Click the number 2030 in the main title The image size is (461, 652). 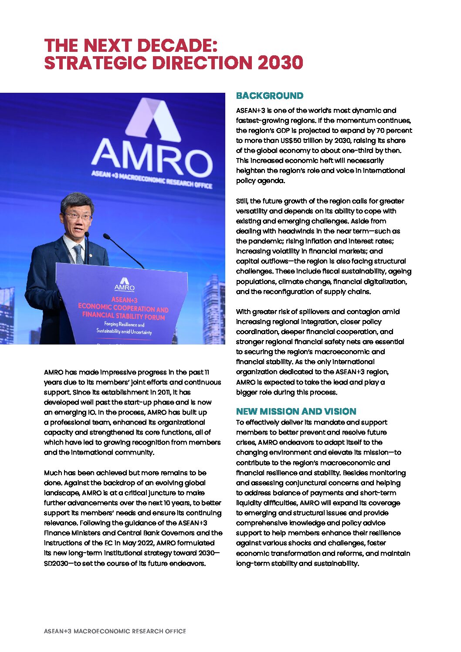pyautogui.click(x=280, y=63)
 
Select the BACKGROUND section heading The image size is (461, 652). pyautogui.click(x=269, y=96)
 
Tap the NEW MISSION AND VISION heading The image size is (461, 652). pyautogui.click(x=296, y=412)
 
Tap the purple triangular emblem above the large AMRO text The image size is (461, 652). pyautogui.click(x=153, y=119)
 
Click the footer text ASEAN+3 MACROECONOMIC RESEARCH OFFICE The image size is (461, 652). pyautogui.click(x=115, y=631)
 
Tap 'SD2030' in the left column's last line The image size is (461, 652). pyautogui.click(x=59, y=564)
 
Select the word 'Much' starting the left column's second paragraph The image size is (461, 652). pyautogui.click(x=52, y=473)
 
